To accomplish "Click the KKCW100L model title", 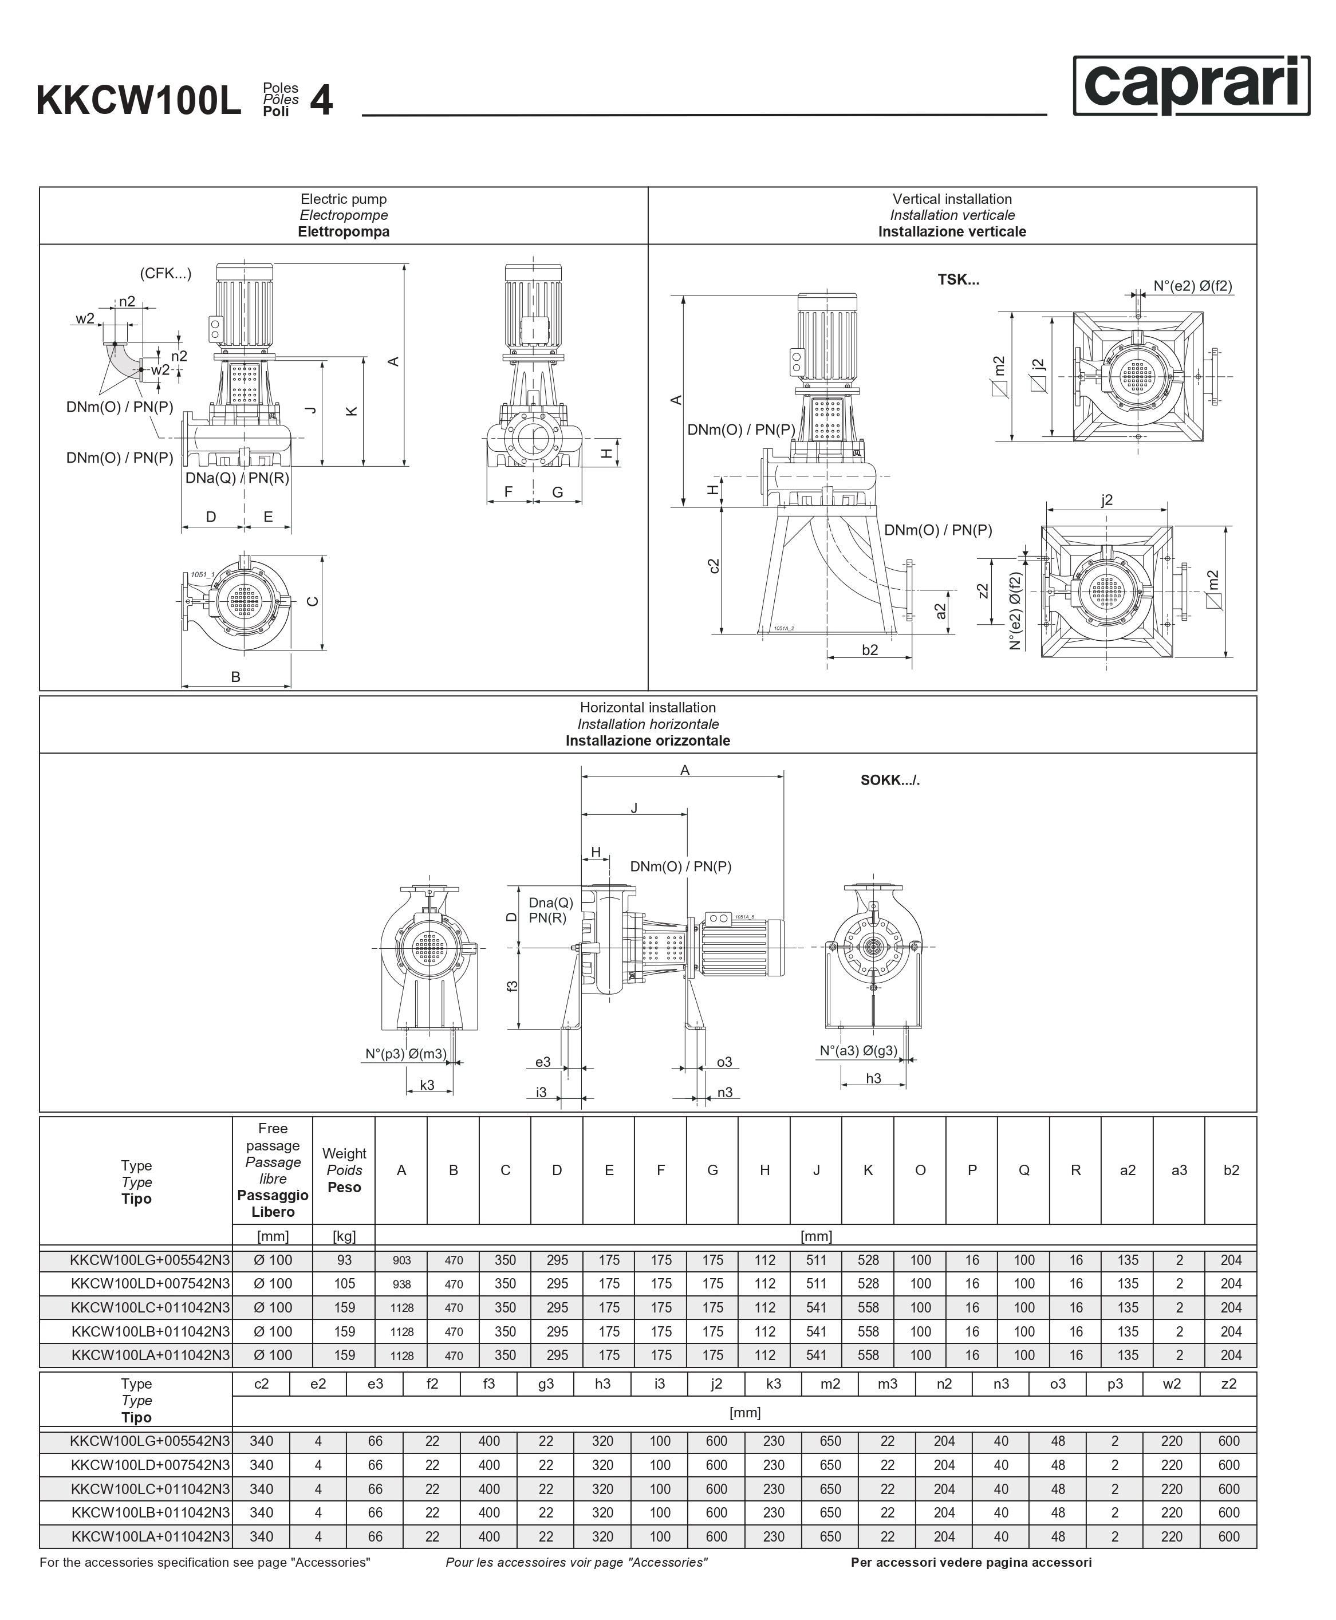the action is [x=139, y=101].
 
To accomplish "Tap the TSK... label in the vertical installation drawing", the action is [x=958, y=279].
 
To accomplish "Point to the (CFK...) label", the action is [x=165, y=273].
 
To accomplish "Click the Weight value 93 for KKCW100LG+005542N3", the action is [x=344, y=1260].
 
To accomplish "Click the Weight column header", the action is [x=344, y=1170].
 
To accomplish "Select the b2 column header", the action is [x=1231, y=1170].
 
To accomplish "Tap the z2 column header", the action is [x=1228, y=1383].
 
